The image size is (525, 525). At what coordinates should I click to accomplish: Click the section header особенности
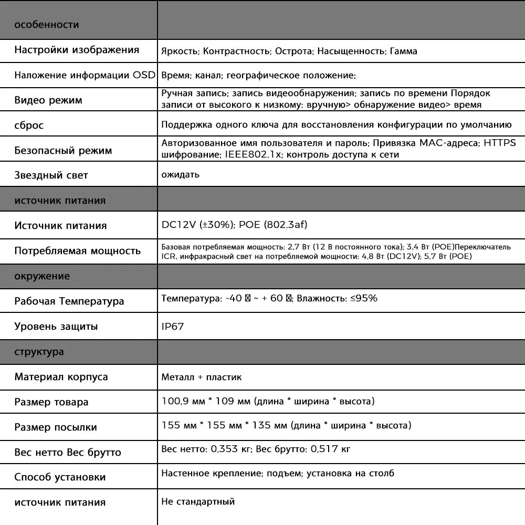(47, 25)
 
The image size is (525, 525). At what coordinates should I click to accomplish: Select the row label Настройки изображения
(77, 50)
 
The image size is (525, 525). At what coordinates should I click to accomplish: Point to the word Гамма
(404, 51)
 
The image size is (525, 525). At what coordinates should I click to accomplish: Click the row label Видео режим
(48, 100)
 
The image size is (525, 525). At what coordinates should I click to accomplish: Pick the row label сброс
(29, 125)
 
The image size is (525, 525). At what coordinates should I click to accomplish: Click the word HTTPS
(499, 143)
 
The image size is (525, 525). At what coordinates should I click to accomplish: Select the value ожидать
(180, 174)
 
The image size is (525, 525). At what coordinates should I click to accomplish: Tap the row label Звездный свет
(51, 175)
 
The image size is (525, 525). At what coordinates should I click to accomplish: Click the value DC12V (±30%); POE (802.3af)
(234, 225)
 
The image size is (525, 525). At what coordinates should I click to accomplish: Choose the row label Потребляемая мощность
(77, 251)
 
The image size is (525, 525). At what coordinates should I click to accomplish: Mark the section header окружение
(42, 276)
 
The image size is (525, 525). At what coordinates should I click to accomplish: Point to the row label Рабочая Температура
(69, 301)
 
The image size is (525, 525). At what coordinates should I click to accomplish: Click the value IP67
(173, 327)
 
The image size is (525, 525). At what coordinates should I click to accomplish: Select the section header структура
(39, 352)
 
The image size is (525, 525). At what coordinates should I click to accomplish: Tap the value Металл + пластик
(202, 377)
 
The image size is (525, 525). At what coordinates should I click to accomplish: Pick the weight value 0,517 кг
(330, 449)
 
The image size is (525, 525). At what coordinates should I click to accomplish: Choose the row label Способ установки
(60, 477)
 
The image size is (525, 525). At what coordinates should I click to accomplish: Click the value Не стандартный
(198, 502)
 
